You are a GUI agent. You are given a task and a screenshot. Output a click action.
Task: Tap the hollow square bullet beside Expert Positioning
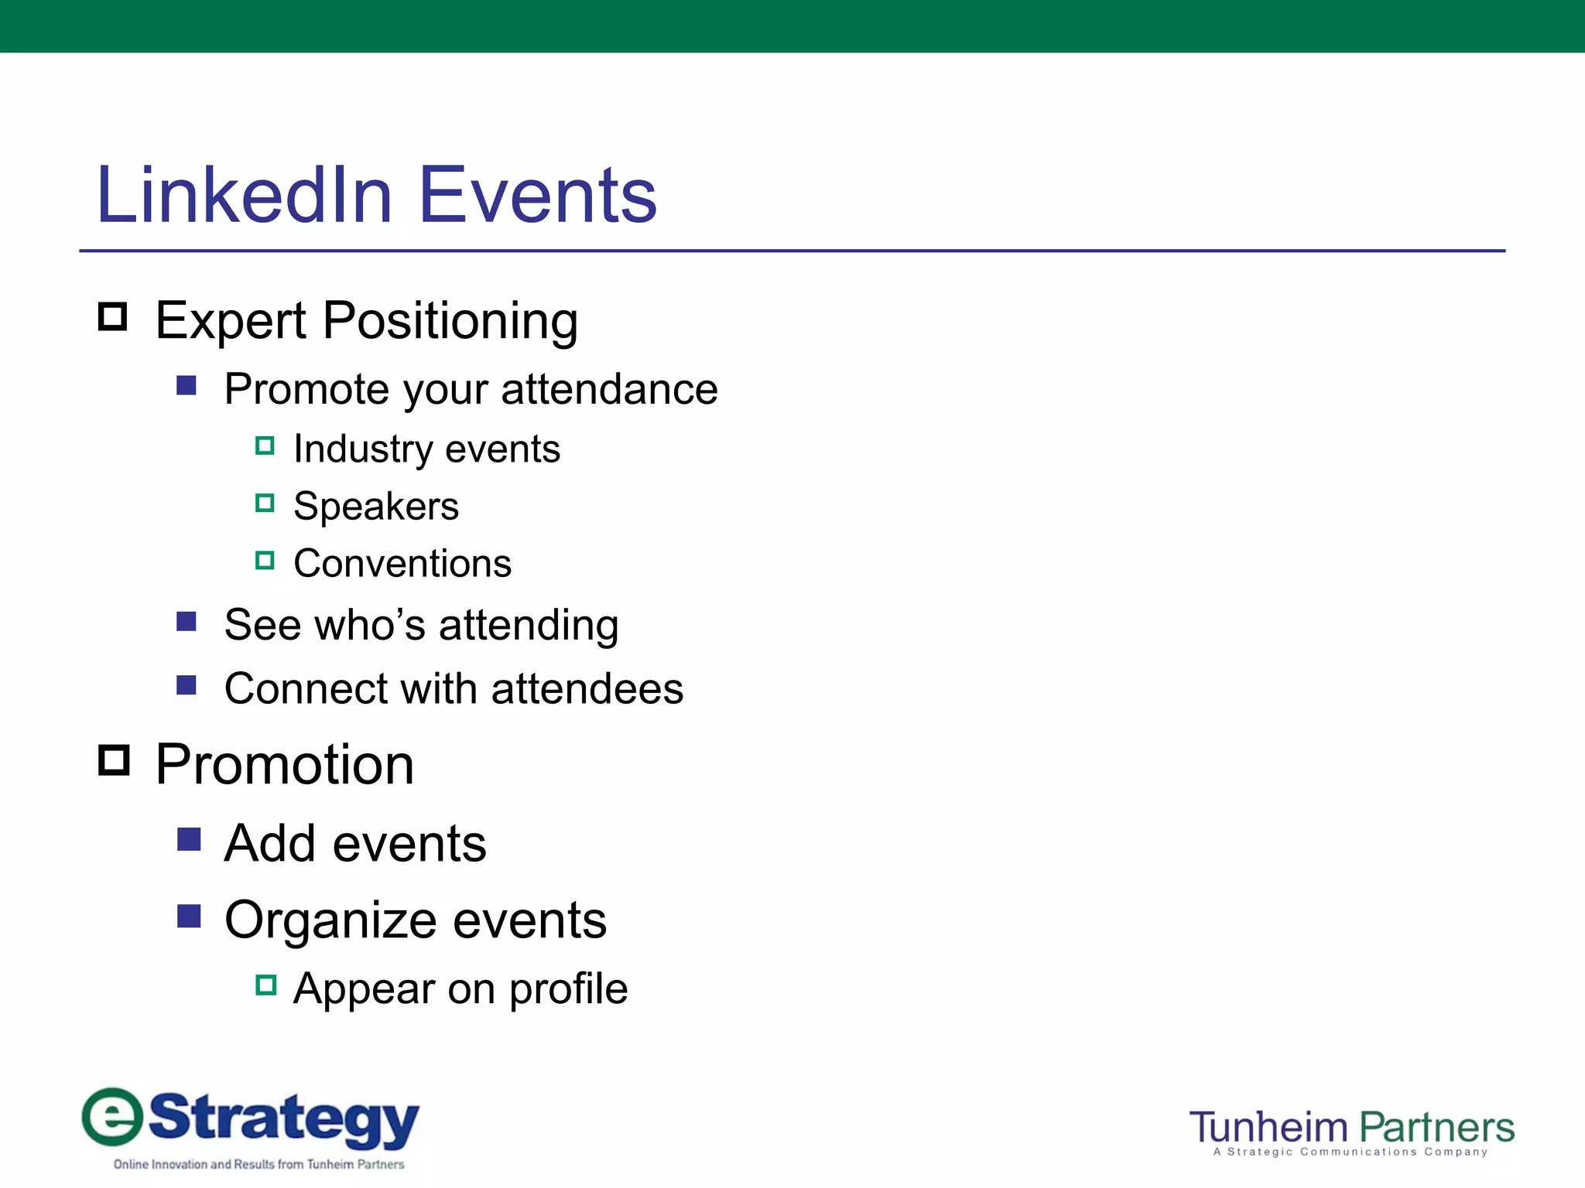click(113, 317)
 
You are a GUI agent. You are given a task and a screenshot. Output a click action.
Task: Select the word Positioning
click(450, 321)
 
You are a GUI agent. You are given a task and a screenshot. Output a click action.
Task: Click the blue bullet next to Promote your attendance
click(187, 385)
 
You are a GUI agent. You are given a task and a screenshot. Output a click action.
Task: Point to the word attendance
click(609, 388)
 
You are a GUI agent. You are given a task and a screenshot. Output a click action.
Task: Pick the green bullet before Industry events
click(265, 446)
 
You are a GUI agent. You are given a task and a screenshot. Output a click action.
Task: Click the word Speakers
click(376, 507)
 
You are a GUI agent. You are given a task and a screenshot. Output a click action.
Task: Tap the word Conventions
click(402, 563)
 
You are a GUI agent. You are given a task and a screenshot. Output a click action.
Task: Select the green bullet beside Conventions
click(265, 561)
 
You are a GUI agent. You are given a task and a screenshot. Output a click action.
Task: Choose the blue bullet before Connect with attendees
click(187, 685)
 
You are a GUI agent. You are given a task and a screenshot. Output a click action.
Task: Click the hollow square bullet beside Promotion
click(114, 760)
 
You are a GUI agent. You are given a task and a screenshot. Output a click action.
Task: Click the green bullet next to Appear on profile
click(265, 985)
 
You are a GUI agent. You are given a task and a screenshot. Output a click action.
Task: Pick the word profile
click(568, 988)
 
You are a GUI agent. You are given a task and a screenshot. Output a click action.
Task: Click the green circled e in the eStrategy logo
click(113, 1117)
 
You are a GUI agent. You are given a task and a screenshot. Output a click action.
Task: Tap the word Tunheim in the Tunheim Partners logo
click(1268, 1128)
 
